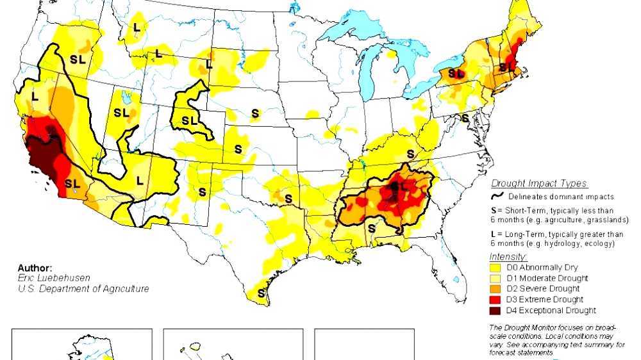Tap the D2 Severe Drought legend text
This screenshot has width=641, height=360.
tap(540, 289)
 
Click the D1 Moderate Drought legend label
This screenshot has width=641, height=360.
tap(547, 279)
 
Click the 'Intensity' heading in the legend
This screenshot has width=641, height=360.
tap(509, 257)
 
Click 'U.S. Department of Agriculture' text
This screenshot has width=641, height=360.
tap(83, 289)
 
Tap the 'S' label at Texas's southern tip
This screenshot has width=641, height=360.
tap(261, 293)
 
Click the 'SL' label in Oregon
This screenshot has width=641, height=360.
tap(77, 58)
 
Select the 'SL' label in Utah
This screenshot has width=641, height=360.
tap(121, 113)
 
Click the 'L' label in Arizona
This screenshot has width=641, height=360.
tap(140, 181)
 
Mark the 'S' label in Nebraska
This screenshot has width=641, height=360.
tap(255, 113)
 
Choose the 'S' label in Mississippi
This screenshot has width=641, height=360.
tap(370, 228)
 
